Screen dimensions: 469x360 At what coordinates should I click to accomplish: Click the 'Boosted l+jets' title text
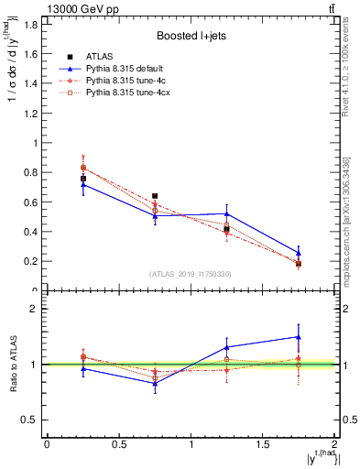point(191,37)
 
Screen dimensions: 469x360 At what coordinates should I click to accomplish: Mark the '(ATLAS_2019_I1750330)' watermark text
point(191,274)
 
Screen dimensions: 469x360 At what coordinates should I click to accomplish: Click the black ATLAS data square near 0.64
point(155,196)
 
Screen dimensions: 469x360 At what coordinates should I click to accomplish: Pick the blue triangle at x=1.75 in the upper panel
point(299,253)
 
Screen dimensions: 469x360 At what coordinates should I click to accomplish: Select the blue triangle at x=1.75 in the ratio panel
point(299,336)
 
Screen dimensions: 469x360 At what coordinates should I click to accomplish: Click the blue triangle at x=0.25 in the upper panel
point(83,184)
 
